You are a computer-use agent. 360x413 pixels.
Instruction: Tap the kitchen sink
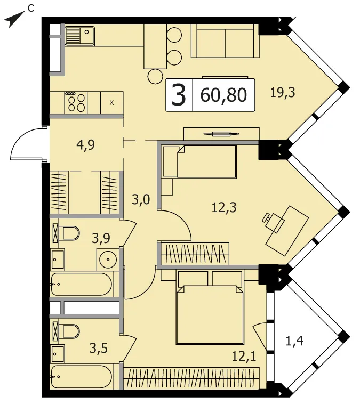point(79,36)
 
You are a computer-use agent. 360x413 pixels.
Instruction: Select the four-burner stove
point(76,103)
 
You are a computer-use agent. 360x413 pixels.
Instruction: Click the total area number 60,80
point(223,95)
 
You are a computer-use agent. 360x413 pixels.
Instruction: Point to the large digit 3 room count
point(179,95)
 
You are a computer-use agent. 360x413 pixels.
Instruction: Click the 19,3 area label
point(283,92)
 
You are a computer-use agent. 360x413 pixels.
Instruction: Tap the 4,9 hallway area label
point(86,145)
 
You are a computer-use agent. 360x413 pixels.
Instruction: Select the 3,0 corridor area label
point(141,199)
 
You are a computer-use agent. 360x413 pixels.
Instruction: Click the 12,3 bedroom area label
point(224,207)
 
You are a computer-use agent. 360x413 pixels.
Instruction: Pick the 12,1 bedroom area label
point(244,357)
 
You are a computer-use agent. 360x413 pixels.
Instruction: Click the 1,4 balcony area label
point(294,342)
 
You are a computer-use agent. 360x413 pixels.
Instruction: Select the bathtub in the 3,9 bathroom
point(82,284)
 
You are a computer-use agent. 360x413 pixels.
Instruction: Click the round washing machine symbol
point(108,260)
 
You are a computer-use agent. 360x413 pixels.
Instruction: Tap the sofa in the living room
point(225,41)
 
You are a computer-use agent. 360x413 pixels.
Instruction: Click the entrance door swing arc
point(26,143)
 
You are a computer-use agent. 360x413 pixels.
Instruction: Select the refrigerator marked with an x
point(112,103)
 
